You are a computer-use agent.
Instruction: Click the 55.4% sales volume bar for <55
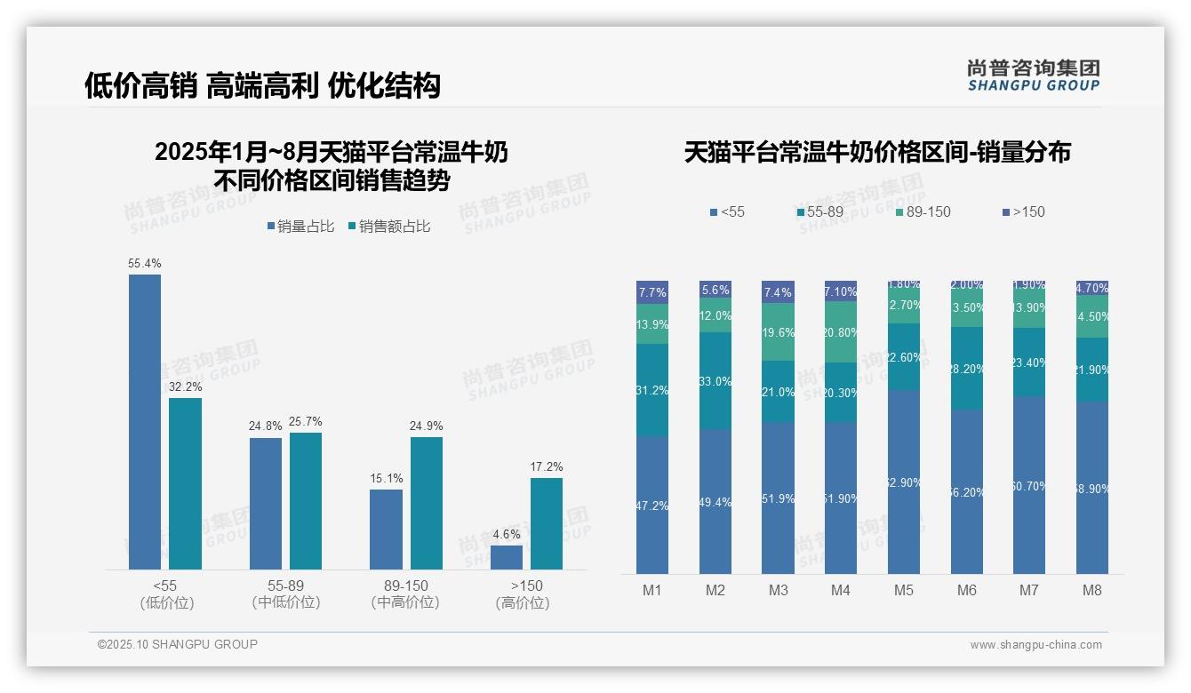[x=145, y=421]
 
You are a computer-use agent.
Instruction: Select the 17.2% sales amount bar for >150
[x=547, y=523]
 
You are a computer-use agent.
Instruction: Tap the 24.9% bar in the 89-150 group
[x=427, y=503]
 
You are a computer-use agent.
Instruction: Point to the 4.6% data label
[x=506, y=534]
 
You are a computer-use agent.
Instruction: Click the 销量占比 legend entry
[x=300, y=227]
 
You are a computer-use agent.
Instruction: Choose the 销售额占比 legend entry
[x=389, y=227]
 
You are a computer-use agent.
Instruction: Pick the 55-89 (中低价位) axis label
[x=286, y=593]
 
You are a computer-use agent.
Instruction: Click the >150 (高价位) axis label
[x=526, y=593]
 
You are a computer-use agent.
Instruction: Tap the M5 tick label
[x=904, y=590]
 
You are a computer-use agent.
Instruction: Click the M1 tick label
[x=652, y=590]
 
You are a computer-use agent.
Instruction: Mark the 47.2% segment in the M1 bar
[x=652, y=505]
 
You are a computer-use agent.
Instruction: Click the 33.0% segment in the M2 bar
[x=715, y=381]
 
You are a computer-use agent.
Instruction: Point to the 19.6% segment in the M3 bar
[x=778, y=332]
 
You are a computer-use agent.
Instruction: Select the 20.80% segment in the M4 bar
[x=841, y=331]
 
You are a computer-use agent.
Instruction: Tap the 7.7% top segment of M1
[x=652, y=292]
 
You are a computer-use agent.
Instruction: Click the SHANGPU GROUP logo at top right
[x=1033, y=76]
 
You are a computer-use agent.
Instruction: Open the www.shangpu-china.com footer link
[x=1035, y=645]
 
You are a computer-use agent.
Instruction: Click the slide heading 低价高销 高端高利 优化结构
[x=262, y=85]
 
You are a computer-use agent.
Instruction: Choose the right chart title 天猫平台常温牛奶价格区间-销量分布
[x=877, y=152]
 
